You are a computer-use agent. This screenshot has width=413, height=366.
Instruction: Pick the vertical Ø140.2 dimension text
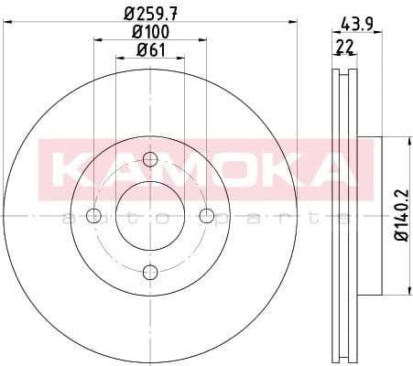400,217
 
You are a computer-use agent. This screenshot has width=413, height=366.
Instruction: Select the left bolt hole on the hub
93,216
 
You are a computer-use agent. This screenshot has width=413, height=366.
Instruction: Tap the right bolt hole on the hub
207,216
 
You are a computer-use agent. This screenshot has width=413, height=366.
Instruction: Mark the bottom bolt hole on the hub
150,272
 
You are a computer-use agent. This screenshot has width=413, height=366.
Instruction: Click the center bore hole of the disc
150,216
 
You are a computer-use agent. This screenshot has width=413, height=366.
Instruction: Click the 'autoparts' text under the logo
201,218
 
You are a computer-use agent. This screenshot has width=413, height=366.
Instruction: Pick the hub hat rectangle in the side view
366,216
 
